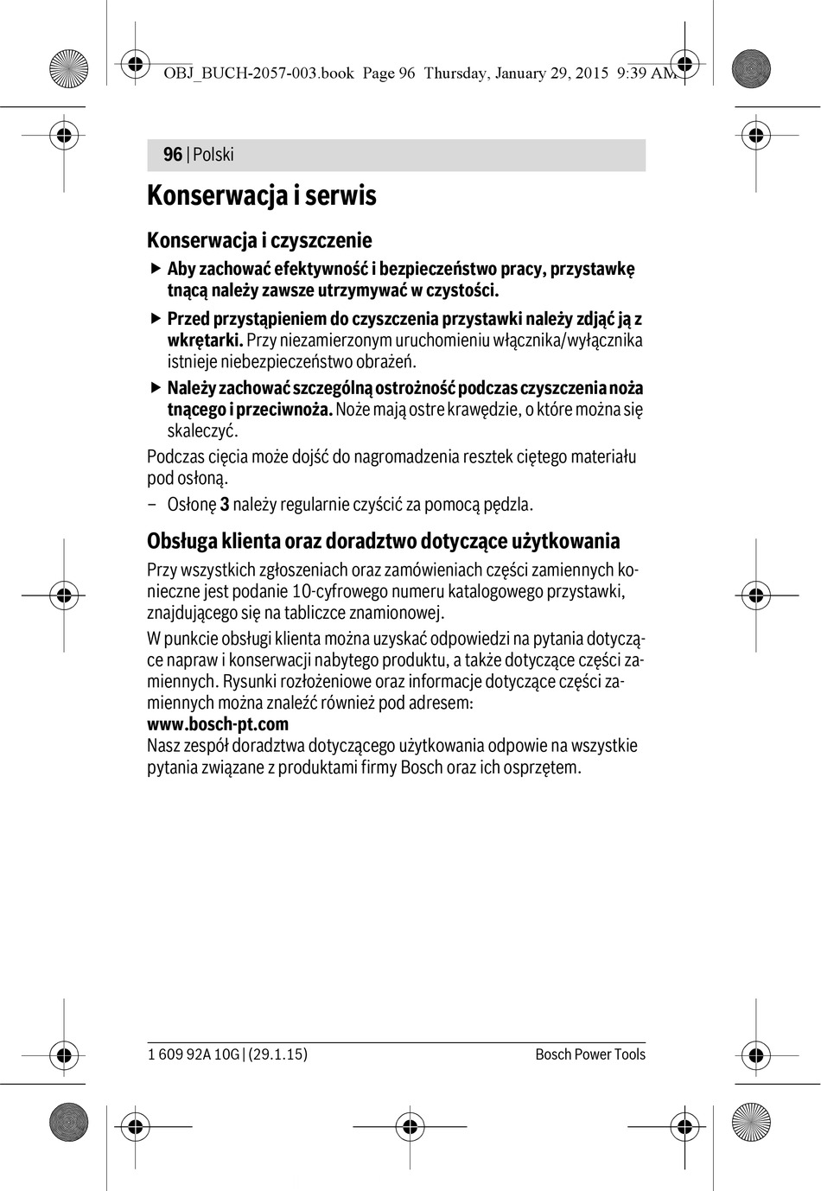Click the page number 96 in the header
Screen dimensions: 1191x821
point(173,155)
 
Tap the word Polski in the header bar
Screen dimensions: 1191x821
point(213,155)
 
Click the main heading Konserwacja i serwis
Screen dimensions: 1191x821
point(262,195)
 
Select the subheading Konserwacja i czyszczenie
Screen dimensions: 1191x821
point(259,240)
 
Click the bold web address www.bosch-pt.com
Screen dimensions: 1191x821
point(218,724)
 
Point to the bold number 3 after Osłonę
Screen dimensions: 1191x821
point(225,505)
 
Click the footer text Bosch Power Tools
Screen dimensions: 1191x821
point(590,1054)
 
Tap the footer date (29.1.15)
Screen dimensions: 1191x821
point(277,1054)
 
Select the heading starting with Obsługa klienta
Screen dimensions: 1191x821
point(384,542)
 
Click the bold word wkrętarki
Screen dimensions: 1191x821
point(205,341)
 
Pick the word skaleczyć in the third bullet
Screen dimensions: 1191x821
point(202,431)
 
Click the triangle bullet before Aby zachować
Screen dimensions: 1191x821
point(156,269)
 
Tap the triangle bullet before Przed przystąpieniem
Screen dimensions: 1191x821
point(156,318)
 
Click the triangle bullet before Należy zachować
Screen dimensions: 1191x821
point(156,387)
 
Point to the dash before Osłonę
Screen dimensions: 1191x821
point(152,505)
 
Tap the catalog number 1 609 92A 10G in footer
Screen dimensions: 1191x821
point(194,1054)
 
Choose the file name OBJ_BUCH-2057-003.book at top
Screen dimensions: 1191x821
point(258,73)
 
